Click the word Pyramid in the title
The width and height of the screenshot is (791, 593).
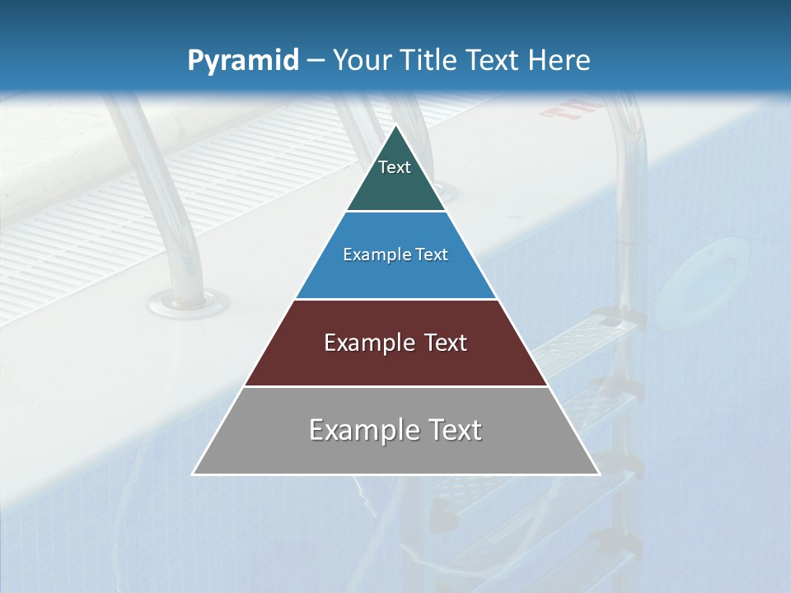tap(243, 61)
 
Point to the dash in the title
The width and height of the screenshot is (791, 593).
tap(316, 62)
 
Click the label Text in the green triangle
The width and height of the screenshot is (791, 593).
tap(395, 167)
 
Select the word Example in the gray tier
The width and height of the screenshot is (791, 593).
tap(363, 430)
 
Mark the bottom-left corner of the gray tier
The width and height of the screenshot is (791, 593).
tap(194, 474)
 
